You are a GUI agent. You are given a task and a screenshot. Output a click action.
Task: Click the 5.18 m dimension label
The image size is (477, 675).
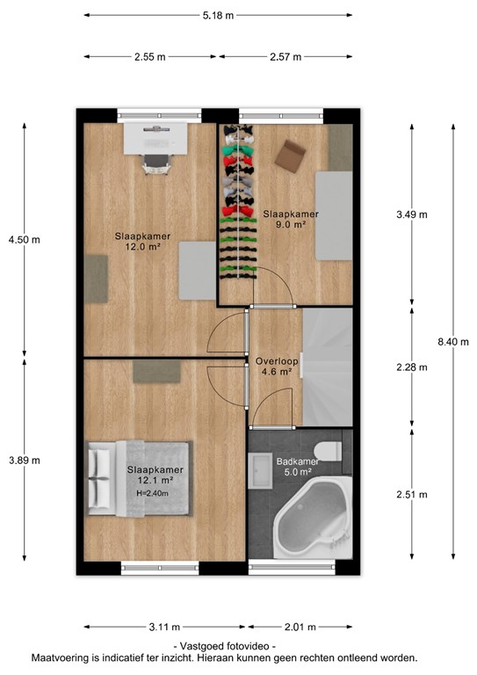tap(218, 16)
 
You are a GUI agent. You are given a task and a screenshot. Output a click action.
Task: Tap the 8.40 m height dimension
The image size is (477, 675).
tap(453, 342)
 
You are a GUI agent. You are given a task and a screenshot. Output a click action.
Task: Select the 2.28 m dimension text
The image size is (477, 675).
tap(412, 367)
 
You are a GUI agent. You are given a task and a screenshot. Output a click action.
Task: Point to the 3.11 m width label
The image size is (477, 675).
tap(164, 627)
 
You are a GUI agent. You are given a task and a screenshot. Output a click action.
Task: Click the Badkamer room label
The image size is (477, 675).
tap(298, 461)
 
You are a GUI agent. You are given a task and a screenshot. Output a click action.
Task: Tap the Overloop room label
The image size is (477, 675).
tap(277, 361)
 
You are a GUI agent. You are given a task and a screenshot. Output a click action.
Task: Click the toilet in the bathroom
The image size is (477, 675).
tap(328, 451)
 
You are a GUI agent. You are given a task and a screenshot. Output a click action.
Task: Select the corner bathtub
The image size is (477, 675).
tap(313, 519)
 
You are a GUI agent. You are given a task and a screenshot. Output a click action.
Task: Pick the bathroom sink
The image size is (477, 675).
tap(260, 470)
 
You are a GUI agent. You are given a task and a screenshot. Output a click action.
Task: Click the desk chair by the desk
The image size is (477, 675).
tap(156, 164)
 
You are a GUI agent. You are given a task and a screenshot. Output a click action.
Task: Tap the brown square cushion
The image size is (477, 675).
tap(291, 156)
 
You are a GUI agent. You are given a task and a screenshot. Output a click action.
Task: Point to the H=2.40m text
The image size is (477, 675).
tap(152, 493)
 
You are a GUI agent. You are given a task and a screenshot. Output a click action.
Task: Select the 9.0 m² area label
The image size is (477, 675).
tap(291, 224)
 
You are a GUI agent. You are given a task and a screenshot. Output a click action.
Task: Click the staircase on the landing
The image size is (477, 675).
tap(328, 367)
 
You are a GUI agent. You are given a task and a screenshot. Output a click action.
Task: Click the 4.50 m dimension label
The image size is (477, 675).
tap(24, 240)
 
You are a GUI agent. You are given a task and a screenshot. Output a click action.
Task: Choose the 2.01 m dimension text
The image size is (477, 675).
tap(300, 627)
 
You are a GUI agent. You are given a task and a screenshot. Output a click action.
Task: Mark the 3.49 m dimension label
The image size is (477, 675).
tap(412, 214)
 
